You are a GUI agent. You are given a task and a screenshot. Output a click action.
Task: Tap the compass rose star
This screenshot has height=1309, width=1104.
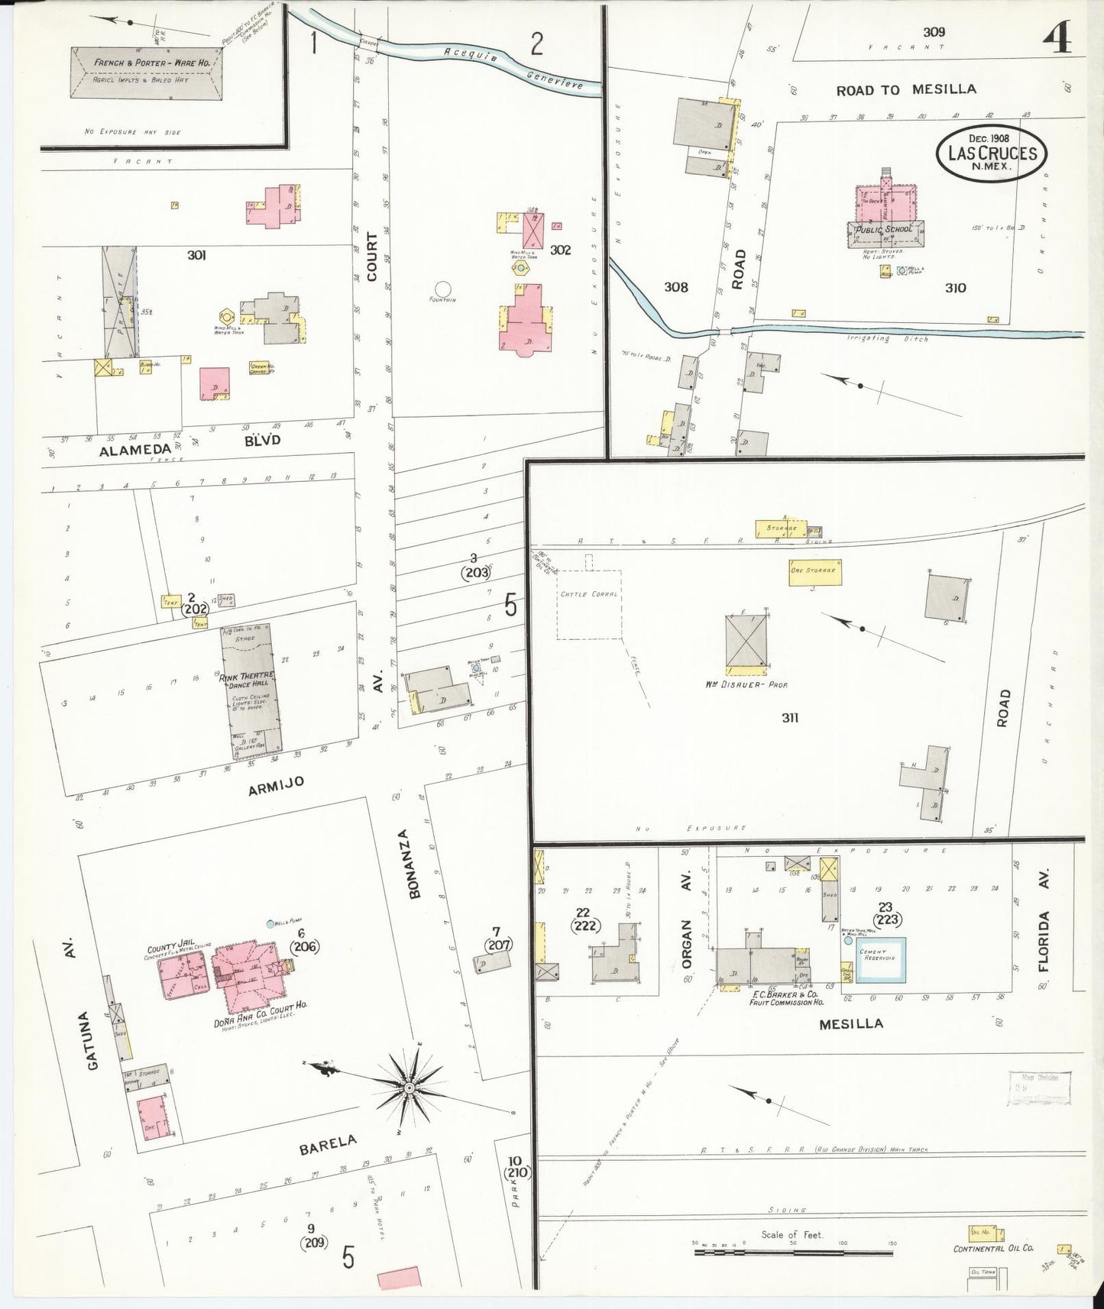click(x=409, y=1087)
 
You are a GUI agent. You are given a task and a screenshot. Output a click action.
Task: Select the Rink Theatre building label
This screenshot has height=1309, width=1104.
click(x=247, y=677)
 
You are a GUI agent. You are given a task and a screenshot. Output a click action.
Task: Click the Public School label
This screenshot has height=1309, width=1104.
click(x=885, y=229)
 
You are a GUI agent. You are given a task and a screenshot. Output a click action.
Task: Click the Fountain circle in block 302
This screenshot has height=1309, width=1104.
click(x=442, y=289)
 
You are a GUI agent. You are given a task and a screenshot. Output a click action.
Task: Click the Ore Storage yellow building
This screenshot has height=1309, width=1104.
click(x=812, y=571)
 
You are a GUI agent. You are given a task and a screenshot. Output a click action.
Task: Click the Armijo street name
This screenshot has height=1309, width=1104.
click(x=276, y=782)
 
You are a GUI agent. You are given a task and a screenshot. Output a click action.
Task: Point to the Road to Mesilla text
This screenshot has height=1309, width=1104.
click(x=905, y=90)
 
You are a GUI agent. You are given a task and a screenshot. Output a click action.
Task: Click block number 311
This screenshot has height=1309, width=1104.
click(x=790, y=718)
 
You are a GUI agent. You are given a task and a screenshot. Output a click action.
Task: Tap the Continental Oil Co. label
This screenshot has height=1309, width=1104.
click(x=993, y=1249)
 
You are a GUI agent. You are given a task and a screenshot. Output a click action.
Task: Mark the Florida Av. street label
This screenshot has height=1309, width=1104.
click(x=1044, y=920)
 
